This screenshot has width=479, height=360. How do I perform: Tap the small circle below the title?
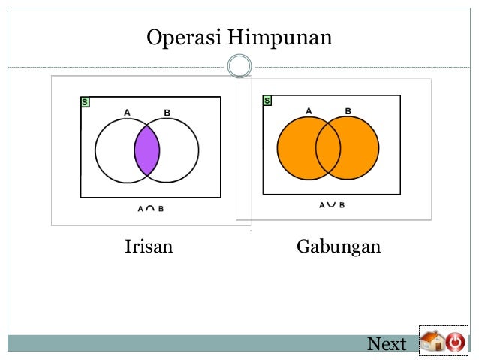[239, 66]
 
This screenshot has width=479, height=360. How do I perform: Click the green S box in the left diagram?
[85, 101]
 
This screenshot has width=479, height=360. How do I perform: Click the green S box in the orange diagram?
[267, 100]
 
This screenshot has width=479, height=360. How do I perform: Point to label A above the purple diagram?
[127, 113]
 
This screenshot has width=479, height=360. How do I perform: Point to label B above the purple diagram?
[167, 113]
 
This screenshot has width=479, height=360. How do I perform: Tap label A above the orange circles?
[309, 110]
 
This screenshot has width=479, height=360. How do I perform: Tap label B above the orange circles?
[348, 110]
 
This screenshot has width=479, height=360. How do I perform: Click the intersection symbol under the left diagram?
[149, 208]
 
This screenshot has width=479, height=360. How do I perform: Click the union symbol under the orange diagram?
[331, 204]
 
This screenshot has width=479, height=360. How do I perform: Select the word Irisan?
[148, 247]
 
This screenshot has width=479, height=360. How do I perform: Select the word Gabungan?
[339, 247]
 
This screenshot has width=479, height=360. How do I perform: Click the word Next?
[387, 344]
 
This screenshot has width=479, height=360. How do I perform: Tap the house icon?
[432, 342]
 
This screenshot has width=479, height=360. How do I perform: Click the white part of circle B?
[180, 151]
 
